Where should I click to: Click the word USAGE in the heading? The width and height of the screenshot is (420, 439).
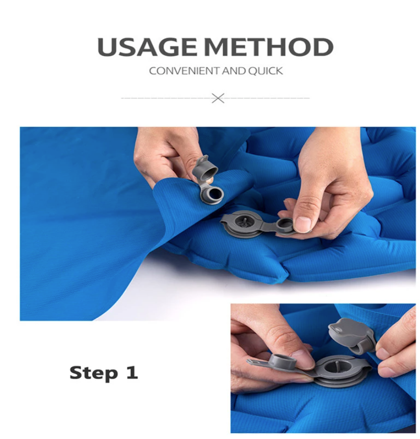(147, 47)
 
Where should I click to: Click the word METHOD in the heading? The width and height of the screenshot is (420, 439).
(269, 47)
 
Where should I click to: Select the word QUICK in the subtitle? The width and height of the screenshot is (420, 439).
(266, 71)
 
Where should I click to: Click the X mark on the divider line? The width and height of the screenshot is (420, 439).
(218, 98)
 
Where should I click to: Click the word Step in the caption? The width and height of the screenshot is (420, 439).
(93, 373)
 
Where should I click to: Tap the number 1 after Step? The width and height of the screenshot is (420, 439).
(132, 372)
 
